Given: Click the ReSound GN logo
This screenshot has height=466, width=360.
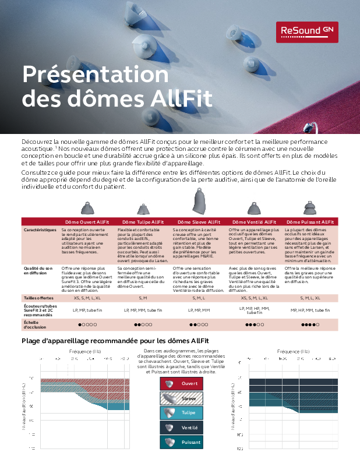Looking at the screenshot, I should click(306, 31).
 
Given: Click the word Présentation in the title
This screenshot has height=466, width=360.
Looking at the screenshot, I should click(95, 75).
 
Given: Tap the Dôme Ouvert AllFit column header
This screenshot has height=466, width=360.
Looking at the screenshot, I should click(87, 222).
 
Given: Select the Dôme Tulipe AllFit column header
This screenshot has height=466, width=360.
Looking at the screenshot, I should click(143, 222).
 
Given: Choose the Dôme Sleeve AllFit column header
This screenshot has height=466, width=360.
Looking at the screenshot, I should click(199, 222).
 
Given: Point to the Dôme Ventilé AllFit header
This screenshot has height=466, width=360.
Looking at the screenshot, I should click(254, 222).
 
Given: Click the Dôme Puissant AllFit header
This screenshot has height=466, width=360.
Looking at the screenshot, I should click(310, 222).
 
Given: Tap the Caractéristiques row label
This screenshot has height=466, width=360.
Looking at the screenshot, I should click(40, 230).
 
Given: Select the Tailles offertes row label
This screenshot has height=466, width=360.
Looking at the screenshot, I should click(38, 298).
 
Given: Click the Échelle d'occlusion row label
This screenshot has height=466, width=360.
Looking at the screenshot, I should click(35, 324).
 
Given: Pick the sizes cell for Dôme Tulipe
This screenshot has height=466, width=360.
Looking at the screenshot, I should click(143, 298).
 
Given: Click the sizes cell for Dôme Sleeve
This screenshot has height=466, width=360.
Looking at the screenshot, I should click(199, 298).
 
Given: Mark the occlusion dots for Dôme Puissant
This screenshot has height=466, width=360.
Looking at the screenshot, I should click(310, 324).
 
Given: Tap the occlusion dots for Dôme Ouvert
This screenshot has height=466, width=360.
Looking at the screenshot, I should click(87, 324).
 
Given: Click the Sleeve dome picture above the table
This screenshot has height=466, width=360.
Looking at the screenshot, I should click(199, 201).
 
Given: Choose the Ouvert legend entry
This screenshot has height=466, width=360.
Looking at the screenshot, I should click(181, 384).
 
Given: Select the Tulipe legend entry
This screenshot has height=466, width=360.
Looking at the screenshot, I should click(181, 413).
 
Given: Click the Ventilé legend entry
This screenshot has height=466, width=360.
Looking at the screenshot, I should click(181, 428).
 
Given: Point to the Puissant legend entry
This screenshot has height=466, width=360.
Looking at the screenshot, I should click(181, 443).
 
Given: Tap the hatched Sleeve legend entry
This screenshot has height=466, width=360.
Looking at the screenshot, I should click(181, 398).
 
